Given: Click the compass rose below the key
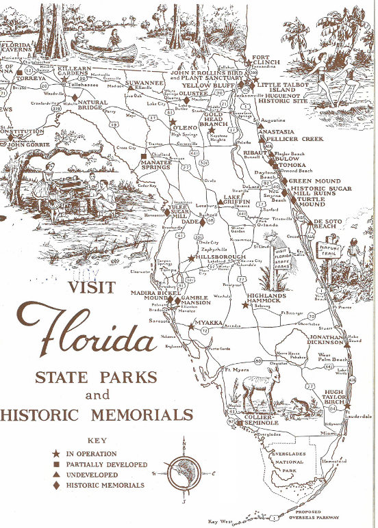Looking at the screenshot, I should (184, 473).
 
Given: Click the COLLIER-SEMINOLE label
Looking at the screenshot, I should (260, 420).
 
